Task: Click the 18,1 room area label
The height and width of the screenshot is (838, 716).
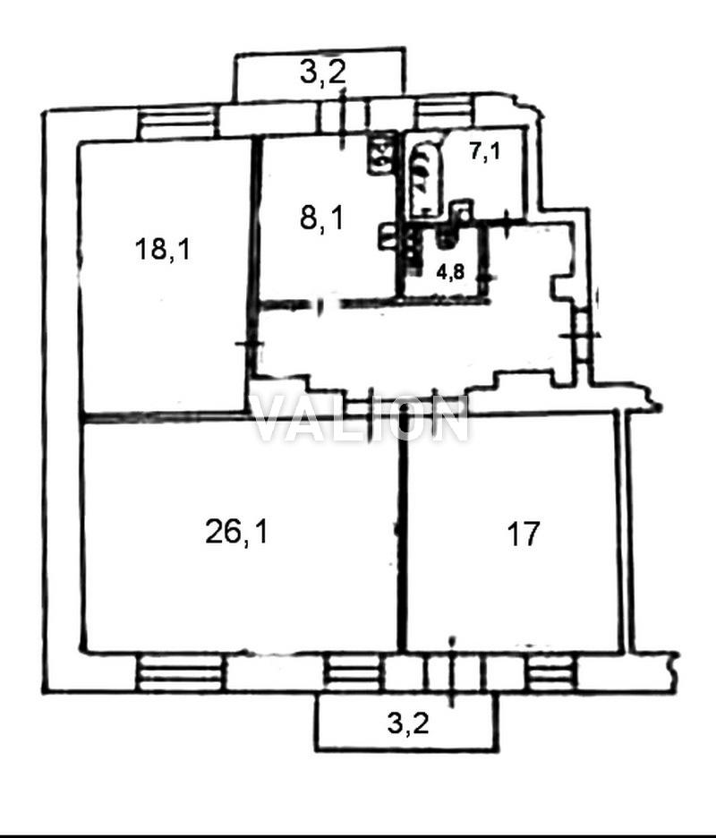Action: coord(162,250)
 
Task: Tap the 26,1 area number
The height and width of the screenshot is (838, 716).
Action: coord(235,533)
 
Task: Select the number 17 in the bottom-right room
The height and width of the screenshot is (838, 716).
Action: coord(523,534)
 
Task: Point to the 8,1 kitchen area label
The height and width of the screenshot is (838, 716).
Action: coord(322,218)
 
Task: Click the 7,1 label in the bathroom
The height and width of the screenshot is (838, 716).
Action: coord(485,152)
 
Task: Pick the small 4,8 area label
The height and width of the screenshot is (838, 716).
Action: coord(450,272)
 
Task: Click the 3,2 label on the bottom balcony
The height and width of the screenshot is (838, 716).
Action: coord(408,724)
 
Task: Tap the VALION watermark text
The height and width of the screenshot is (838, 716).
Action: coord(361,420)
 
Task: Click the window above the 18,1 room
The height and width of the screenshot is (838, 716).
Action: coord(177,122)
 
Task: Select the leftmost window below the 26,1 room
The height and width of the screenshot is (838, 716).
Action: coord(179,671)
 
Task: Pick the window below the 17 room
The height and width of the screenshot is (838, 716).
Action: coord(552,671)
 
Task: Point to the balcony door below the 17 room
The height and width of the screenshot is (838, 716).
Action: coord(453,671)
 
